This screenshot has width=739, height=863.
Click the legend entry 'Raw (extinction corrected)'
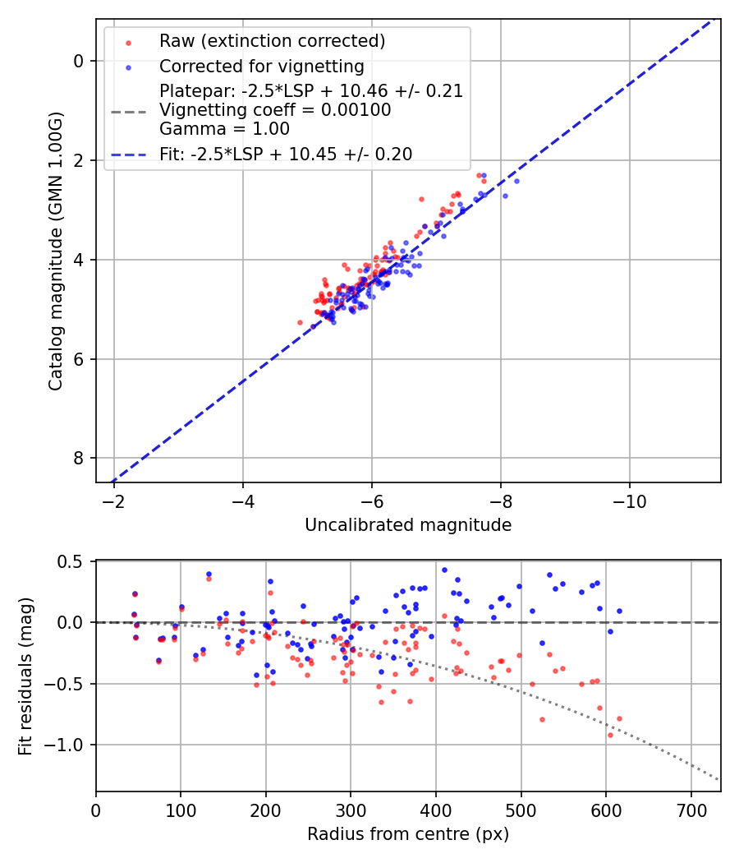[272, 41]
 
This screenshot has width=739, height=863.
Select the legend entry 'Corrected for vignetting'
[261, 66]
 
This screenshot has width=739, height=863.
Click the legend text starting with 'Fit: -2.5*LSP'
[286, 154]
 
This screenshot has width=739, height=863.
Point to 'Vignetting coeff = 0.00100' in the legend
[275, 110]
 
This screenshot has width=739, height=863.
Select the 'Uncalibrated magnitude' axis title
[408, 525]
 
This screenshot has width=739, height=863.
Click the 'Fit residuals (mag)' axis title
[25, 676]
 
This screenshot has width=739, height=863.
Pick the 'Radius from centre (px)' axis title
[408, 834]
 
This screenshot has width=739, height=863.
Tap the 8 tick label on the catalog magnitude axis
[78, 458]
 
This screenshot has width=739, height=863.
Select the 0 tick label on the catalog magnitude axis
[78, 61]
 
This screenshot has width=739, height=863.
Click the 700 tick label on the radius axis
[690, 810]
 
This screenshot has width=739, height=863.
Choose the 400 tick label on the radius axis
[435, 810]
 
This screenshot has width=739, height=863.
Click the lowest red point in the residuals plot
[610, 735]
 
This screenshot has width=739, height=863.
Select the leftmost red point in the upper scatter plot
[300, 322]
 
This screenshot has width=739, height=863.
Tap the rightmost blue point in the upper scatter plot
[516, 181]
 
